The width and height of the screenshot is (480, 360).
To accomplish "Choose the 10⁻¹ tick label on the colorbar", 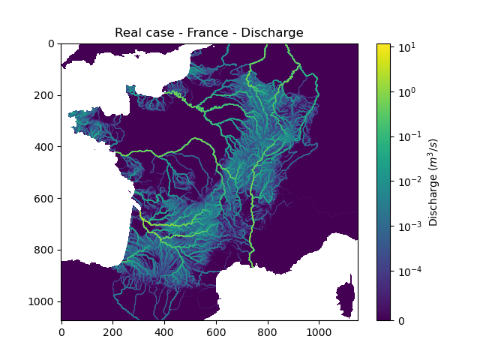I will click(x=406, y=136).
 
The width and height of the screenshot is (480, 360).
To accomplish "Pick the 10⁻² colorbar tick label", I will click(x=406, y=181).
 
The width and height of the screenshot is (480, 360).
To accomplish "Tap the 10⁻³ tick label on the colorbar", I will click(x=406, y=225).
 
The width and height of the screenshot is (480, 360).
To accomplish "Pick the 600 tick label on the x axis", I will click(x=215, y=331).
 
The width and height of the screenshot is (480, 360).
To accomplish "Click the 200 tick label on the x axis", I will click(x=112, y=331).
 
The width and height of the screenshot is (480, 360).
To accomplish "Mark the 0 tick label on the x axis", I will click(x=61, y=331).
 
